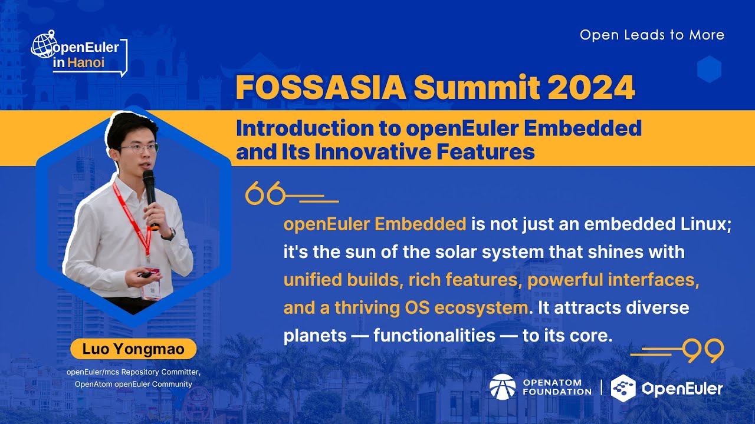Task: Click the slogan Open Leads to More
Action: [652, 35]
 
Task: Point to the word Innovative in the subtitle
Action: [373, 152]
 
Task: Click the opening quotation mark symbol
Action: [265, 193]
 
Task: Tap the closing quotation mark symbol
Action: [704, 351]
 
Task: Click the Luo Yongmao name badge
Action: [133, 349]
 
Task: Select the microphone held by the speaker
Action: [149, 188]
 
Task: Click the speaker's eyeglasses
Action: [140, 148]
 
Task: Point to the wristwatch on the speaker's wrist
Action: [170, 234]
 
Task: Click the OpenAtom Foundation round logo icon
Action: [503, 387]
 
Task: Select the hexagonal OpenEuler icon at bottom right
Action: [623, 388]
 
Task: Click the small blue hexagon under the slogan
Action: [709, 69]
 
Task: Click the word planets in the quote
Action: [315, 335]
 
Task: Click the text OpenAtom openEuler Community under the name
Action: [133, 384]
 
